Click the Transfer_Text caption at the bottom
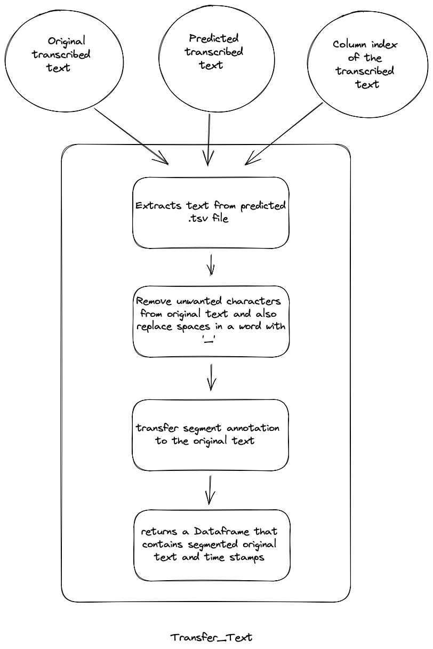(x=211, y=637)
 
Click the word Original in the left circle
(x=66, y=42)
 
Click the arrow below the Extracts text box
(x=211, y=265)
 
